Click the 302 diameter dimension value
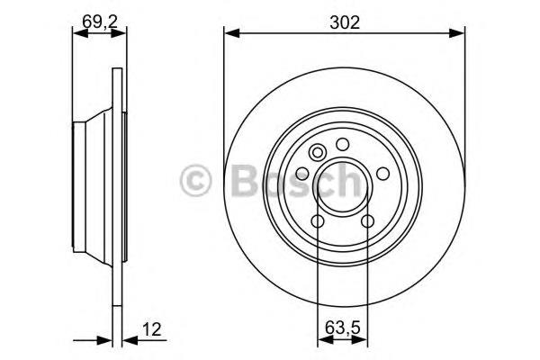click(345, 22)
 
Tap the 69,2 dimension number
click(100, 22)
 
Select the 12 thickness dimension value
click(151, 329)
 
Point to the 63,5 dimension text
click(342, 328)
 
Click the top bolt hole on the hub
click(343, 144)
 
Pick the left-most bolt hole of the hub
click(302, 174)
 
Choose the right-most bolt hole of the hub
click(383, 174)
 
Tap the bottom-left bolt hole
click(318, 221)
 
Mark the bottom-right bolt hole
click(368, 221)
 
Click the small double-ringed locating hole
click(317, 153)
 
